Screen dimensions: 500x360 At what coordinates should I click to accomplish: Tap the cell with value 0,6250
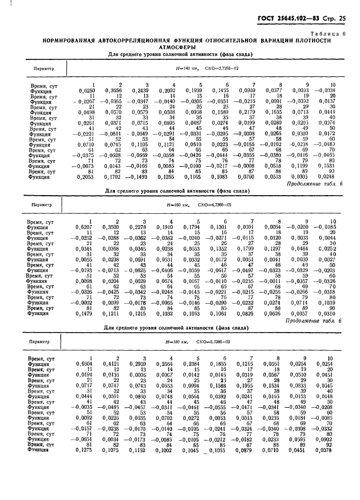click(x=85, y=90)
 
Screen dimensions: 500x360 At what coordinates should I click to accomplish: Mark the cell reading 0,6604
click(x=85, y=364)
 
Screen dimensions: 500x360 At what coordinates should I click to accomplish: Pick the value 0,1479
click(x=85, y=313)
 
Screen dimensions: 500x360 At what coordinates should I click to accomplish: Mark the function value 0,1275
click(x=85, y=451)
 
